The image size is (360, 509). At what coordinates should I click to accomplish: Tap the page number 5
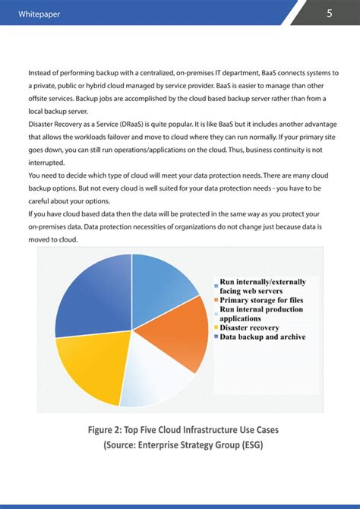pos(330,13)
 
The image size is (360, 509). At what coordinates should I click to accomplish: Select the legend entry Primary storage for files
pos(262,301)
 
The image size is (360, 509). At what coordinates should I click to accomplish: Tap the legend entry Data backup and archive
pos(263,337)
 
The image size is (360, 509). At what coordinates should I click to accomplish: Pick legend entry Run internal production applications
pos(263,315)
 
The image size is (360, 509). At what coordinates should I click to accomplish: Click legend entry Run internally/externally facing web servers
pos(263,286)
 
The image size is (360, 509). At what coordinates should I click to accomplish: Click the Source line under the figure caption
pos(180,446)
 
